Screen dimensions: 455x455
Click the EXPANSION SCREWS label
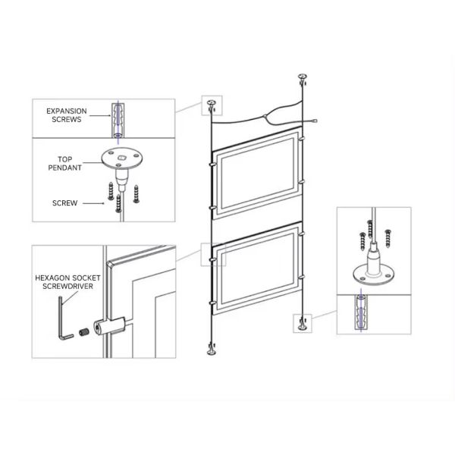point(67,115)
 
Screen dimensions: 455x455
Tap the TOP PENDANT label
point(64,163)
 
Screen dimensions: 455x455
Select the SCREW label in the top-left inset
point(64,203)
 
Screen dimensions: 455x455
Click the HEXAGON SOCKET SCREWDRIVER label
point(67,282)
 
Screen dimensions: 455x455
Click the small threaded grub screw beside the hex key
point(83,331)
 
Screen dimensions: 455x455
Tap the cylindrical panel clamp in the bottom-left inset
point(109,326)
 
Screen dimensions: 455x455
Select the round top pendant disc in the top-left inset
point(122,158)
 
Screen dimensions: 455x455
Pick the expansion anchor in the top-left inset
point(118,121)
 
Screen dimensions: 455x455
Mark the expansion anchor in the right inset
point(361,312)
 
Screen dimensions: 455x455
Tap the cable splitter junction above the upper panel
point(265,117)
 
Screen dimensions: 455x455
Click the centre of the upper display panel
point(257,173)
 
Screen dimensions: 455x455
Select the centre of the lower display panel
point(257,268)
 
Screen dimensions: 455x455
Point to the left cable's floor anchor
point(212,350)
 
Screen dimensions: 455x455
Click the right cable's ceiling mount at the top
point(303,78)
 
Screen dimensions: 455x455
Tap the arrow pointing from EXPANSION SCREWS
point(100,116)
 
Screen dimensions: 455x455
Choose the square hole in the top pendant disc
point(121,158)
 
